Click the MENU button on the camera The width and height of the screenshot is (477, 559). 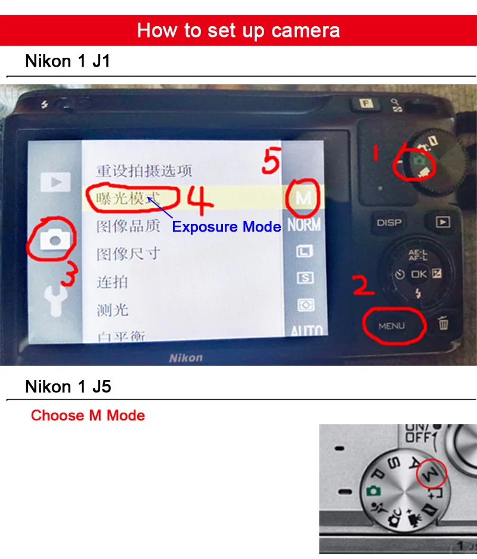391,326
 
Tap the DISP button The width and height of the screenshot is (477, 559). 389,223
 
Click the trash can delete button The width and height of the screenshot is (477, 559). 443,323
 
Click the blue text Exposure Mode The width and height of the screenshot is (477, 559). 227,227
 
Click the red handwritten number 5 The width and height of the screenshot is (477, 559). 271,161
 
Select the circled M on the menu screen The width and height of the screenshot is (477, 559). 303,198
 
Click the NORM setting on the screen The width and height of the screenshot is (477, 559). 303,225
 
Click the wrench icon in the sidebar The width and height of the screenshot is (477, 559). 54,301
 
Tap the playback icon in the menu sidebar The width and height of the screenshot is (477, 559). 55,182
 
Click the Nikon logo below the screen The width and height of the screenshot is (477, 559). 185,358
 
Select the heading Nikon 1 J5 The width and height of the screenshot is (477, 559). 68,387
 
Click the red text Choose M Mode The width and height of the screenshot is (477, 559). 88,416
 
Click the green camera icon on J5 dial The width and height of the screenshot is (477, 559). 373,491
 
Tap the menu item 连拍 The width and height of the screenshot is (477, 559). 112,282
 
